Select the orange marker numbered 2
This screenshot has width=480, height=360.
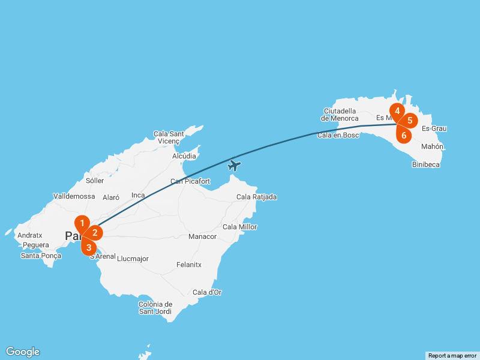pyautogui.click(x=94, y=233)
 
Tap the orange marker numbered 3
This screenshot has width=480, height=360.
pyautogui.click(x=89, y=246)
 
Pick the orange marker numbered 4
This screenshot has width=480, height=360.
pyautogui.click(x=397, y=111)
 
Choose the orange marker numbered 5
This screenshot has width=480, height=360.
pyautogui.click(x=409, y=121)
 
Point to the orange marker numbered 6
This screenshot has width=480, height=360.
pyautogui.click(x=404, y=135)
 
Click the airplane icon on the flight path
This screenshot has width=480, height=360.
pyautogui.click(x=235, y=165)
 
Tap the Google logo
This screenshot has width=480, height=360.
pyautogui.click(x=22, y=352)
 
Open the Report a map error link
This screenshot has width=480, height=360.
pyautogui.click(x=452, y=356)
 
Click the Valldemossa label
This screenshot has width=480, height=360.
pyautogui.click(x=74, y=196)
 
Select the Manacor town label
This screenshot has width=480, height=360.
pyautogui.click(x=202, y=236)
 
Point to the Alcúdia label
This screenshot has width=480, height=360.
pyautogui.click(x=184, y=156)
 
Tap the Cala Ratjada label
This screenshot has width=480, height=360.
pyautogui.click(x=257, y=197)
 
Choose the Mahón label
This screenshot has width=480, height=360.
pyautogui.click(x=432, y=146)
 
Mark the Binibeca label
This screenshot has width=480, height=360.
pyautogui.click(x=425, y=164)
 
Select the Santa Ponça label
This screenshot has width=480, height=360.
pyautogui.click(x=41, y=256)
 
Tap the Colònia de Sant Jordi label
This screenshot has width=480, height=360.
pyautogui.click(x=155, y=308)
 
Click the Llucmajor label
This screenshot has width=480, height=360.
pyautogui.click(x=133, y=259)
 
